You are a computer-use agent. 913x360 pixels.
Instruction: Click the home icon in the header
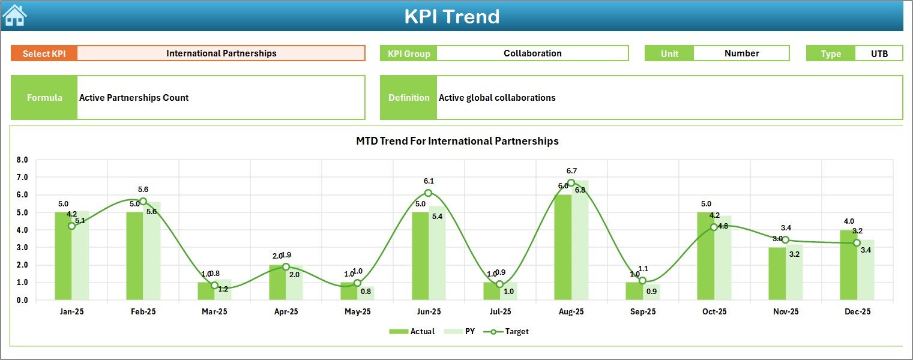pos(14,16)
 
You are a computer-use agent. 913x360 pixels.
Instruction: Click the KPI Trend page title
pos(451,17)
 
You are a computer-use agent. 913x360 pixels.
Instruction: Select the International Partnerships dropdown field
pos(221,53)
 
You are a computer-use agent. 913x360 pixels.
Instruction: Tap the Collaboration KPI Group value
pos(532,53)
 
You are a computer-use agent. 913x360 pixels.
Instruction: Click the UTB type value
pos(879,53)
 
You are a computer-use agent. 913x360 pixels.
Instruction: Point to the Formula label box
pos(44,98)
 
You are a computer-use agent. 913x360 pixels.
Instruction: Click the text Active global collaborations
pos(497,98)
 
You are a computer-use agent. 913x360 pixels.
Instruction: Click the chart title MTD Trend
pos(457,141)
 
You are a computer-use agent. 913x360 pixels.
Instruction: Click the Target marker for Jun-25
pos(428,193)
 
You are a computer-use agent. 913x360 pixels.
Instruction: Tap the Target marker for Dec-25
pos(857,243)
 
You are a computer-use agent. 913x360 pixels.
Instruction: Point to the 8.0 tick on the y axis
pos(22,160)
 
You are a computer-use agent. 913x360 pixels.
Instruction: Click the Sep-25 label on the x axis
pos(642,312)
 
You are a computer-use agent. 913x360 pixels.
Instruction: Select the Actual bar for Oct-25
pos(705,256)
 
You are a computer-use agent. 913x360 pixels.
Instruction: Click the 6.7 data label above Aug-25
pos(571,171)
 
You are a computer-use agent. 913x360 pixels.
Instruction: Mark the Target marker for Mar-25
pos(214,286)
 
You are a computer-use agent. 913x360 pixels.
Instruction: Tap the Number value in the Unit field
pos(741,53)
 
